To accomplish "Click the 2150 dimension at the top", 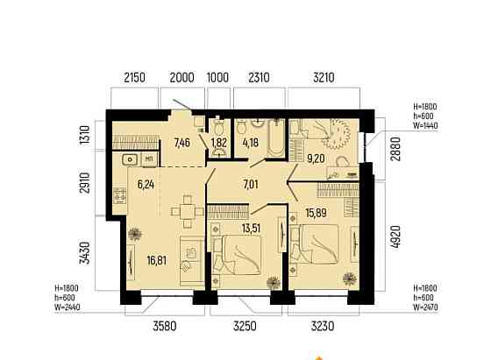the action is pyautogui.click(x=135, y=78).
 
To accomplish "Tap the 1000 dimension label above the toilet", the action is pyautogui.click(x=218, y=78).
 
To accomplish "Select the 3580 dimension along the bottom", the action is pyautogui.click(x=165, y=326).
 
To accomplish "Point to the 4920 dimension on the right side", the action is pyautogui.click(x=395, y=237).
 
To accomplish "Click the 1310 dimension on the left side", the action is pyautogui.click(x=85, y=135).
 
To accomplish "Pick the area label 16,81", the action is pyautogui.click(x=157, y=260).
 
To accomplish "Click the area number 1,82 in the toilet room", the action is pyautogui.click(x=218, y=143).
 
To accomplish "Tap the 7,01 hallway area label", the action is pyautogui.click(x=251, y=185).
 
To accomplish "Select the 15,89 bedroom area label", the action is pyautogui.click(x=316, y=213).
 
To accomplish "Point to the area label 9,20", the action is pyautogui.click(x=316, y=159).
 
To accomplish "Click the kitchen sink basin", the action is pyautogui.click(x=130, y=159).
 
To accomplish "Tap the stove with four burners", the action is pyautogui.click(x=119, y=195).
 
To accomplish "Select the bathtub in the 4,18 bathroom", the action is pyautogui.click(x=275, y=138).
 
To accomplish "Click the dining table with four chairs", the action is pyautogui.click(x=188, y=211).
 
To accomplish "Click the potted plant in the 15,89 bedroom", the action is pyautogui.click(x=350, y=279).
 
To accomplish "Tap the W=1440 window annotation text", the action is pyautogui.click(x=425, y=126).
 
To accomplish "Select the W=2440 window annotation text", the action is pyautogui.click(x=67, y=307).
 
